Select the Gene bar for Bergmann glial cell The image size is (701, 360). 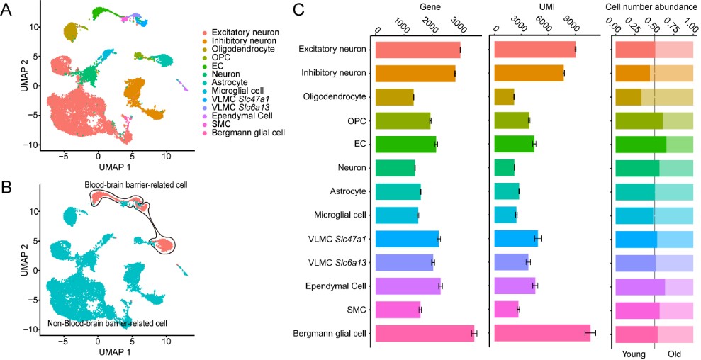pyautogui.click(x=425, y=334)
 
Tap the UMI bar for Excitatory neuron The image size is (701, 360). pyautogui.click(x=534, y=49)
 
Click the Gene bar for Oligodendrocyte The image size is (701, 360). pyautogui.click(x=394, y=96)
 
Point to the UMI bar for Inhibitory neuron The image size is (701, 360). pyautogui.click(x=528, y=73)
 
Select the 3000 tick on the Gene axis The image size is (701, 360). pyautogui.click(x=457, y=31)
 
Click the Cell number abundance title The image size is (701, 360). pyautogui.click(x=652, y=6)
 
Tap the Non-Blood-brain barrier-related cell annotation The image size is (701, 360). pyautogui.click(x=108, y=323)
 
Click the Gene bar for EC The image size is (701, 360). pyautogui.click(x=405, y=144)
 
